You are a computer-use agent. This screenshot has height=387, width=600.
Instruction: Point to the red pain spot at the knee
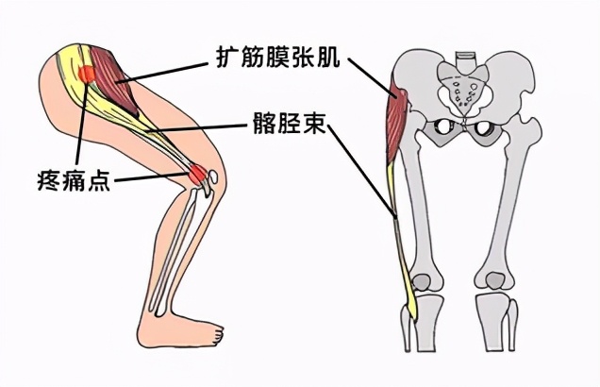[198, 174]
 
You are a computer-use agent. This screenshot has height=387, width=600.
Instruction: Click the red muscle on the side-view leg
[117, 83]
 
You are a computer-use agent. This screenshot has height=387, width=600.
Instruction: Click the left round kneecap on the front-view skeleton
[425, 281]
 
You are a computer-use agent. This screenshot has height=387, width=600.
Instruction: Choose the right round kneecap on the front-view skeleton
[494, 280]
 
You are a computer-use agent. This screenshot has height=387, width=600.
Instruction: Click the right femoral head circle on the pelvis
[484, 130]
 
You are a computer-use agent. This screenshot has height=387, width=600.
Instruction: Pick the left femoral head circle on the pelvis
[440, 130]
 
